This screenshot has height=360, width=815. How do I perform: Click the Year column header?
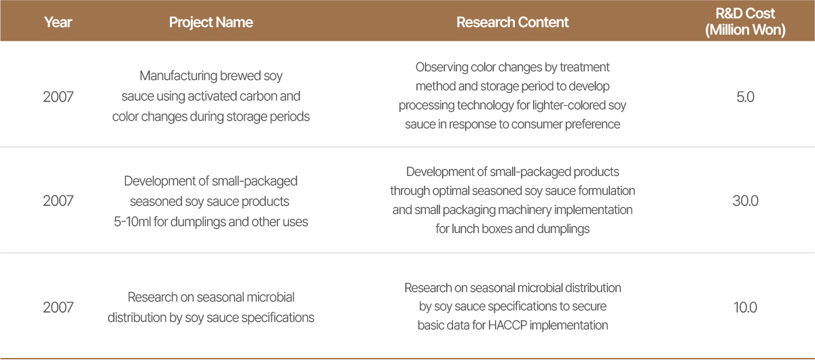click(58, 22)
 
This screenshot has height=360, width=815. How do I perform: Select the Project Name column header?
click(211, 22)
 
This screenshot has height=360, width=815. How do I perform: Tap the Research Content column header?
click(512, 22)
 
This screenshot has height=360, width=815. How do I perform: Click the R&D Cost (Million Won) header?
click(745, 22)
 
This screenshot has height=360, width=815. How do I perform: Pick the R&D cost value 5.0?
click(745, 97)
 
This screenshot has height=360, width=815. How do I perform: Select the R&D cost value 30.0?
click(745, 201)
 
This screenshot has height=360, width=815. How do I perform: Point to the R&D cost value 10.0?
click(745, 308)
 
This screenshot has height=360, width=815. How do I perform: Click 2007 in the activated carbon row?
click(58, 97)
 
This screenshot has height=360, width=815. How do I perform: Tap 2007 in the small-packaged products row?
click(58, 201)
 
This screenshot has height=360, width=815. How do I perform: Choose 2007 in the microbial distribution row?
click(58, 308)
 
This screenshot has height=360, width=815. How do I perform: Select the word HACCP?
click(507, 325)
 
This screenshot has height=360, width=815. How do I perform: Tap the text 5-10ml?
click(132, 221)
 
